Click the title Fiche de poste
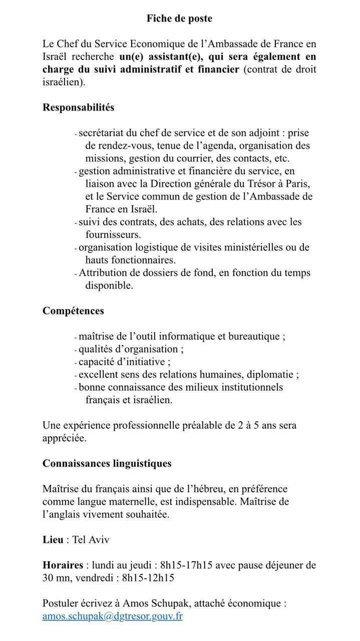point(179,19)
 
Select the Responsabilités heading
point(78,107)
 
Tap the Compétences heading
point(73,310)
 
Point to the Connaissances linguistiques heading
point(107,463)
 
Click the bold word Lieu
point(53,539)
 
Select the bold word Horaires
point(63,565)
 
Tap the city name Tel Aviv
point(91,539)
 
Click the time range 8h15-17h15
point(186,565)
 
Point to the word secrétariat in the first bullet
point(103,133)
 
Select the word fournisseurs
point(113,234)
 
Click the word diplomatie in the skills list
point(273,374)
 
